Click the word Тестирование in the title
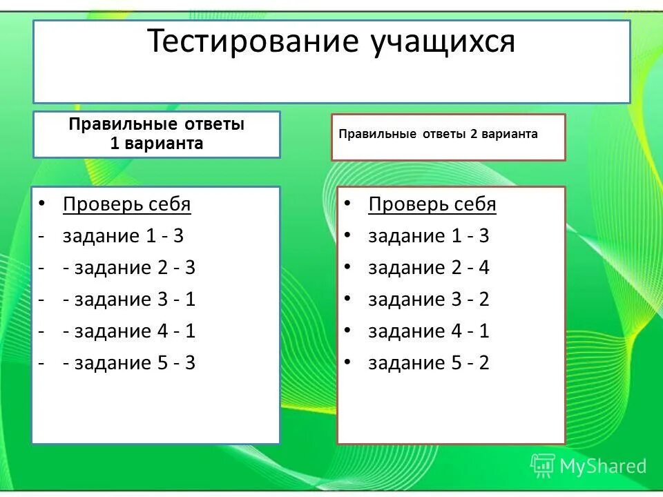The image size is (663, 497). click(x=252, y=43)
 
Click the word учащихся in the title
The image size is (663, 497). click(x=442, y=43)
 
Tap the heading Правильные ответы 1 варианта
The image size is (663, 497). click(x=156, y=134)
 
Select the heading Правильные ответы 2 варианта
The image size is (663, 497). click(x=438, y=135)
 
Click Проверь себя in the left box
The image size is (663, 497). click(x=126, y=204)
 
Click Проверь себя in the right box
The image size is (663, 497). click(x=432, y=204)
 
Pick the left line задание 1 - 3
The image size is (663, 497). click(x=123, y=236)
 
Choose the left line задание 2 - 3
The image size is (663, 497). click(x=129, y=268)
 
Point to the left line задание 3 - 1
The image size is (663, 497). click(x=129, y=300)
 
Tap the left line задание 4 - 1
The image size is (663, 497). click(x=129, y=331)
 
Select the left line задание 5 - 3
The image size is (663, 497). click(x=129, y=363)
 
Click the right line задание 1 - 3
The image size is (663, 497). click(x=428, y=236)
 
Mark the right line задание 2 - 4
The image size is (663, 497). click(x=428, y=268)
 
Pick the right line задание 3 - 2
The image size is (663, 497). click(x=428, y=300)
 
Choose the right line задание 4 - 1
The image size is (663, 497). click(x=428, y=331)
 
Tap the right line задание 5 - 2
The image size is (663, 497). click(x=428, y=363)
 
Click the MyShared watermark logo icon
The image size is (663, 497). click(x=543, y=466)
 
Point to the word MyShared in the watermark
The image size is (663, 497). click(x=602, y=466)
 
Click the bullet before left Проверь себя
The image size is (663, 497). click(x=41, y=204)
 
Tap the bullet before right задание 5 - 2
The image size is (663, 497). click(x=347, y=362)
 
